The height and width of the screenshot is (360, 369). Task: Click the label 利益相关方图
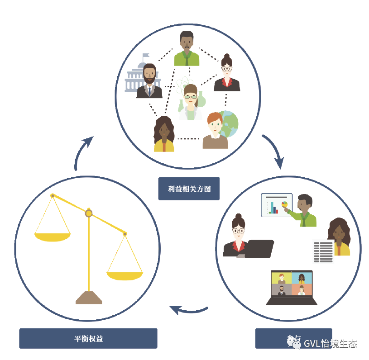[189, 189]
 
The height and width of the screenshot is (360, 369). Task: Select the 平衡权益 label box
[88, 338]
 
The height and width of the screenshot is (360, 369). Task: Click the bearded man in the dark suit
[149, 81]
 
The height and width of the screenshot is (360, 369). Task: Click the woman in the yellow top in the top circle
[163, 134]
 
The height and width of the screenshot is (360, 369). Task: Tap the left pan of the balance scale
[53, 237]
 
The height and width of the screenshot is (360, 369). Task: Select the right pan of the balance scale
[125, 275]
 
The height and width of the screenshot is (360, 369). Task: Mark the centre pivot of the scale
[89, 213]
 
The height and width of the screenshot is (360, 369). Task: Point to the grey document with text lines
[323, 251]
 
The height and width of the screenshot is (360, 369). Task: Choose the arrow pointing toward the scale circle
[188, 310]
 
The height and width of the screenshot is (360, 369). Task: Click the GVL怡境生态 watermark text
[330, 343]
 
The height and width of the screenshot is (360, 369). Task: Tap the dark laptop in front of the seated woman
[259, 249]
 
